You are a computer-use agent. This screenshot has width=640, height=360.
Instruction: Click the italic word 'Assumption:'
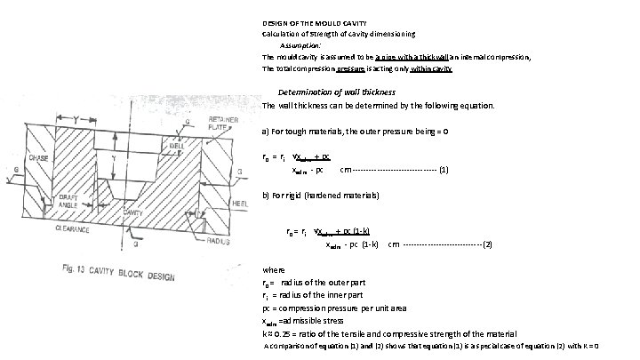pos(300,44)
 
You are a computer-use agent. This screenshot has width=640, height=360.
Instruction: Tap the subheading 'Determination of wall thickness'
pos(337,92)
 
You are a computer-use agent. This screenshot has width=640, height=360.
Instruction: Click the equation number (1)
pos(444,169)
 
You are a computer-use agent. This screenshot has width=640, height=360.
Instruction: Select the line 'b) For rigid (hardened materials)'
pos(321,194)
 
